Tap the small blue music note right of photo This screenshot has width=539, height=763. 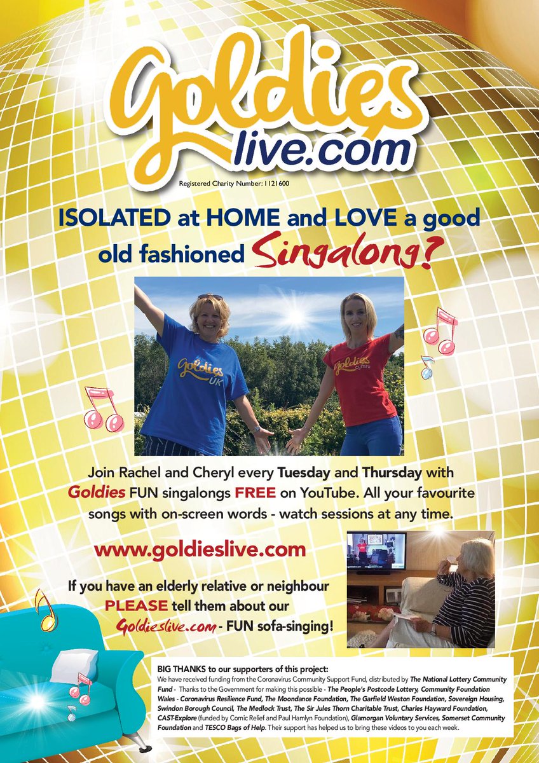click(426, 366)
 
